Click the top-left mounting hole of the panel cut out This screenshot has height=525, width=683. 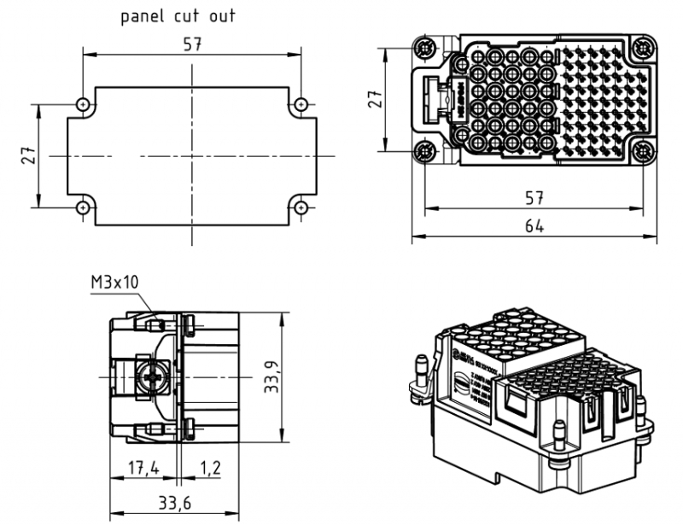(x=83, y=105)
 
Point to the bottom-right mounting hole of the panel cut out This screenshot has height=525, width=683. (x=301, y=207)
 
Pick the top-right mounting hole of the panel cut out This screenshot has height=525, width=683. (x=301, y=105)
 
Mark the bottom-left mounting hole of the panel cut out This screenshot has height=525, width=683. (x=83, y=207)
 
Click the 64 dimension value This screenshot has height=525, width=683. (x=534, y=226)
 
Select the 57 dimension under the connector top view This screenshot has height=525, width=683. (x=534, y=198)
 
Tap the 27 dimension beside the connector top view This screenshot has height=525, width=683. (x=374, y=100)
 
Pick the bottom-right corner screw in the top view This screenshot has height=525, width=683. (x=644, y=153)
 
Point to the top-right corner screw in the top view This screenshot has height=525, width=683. (x=644, y=45)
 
